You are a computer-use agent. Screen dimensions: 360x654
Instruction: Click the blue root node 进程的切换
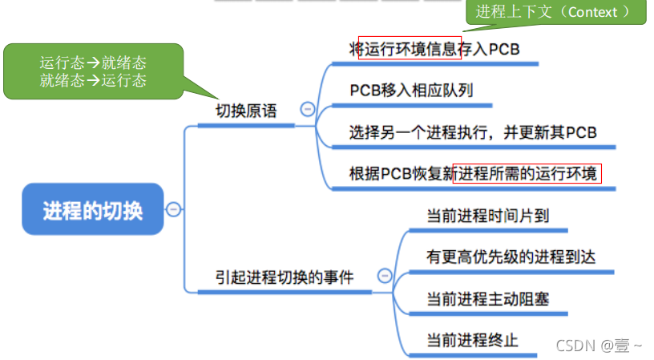(92, 209)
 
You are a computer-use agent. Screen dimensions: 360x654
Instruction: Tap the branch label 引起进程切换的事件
(285, 277)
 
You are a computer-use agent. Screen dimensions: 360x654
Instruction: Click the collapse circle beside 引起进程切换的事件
(385, 276)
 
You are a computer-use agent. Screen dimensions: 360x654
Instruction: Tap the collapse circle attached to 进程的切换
(174, 209)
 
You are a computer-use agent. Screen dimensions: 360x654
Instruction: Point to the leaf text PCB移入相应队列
(411, 90)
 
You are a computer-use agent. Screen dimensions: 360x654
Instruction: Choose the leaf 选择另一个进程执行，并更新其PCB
(473, 132)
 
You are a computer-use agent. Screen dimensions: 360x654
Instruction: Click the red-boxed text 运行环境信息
(410, 49)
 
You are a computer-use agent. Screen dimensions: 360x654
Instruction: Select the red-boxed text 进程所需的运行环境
(527, 173)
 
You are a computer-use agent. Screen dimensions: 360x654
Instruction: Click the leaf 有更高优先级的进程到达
(511, 257)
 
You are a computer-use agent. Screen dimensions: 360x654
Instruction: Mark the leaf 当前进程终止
(472, 340)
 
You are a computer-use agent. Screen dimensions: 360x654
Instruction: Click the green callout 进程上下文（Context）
(558, 12)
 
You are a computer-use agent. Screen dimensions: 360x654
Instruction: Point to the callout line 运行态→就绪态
(93, 63)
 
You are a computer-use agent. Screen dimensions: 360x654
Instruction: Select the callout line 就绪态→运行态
(93, 80)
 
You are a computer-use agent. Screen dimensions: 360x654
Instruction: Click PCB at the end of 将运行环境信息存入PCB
(505, 49)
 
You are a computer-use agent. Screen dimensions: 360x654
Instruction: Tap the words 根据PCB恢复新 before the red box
(401, 173)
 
